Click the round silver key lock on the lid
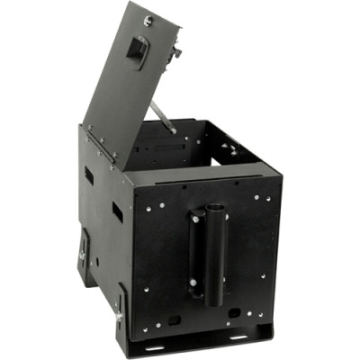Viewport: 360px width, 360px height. [149, 19]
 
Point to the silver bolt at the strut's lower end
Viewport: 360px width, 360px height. [174, 130]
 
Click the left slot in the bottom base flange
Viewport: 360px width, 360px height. [155, 346]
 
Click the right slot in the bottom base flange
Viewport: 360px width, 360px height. [238, 339]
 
